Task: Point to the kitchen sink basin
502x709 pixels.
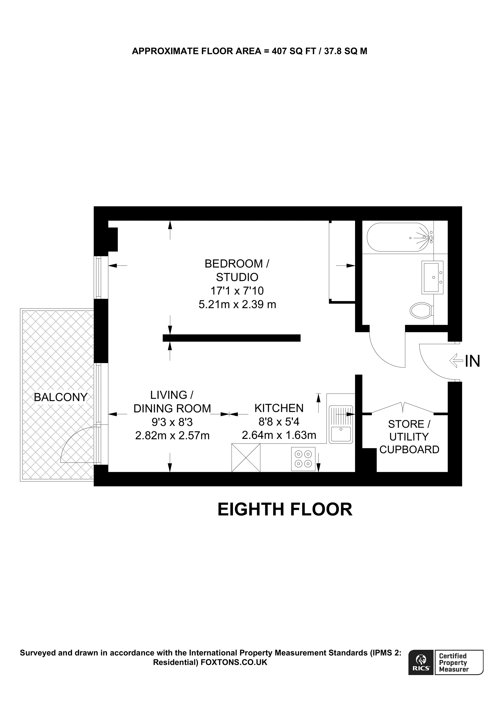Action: coord(340,434)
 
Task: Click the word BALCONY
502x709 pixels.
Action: coord(61,397)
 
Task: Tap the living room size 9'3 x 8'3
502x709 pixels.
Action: coord(172,422)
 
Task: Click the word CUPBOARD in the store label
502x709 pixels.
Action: coord(409,450)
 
